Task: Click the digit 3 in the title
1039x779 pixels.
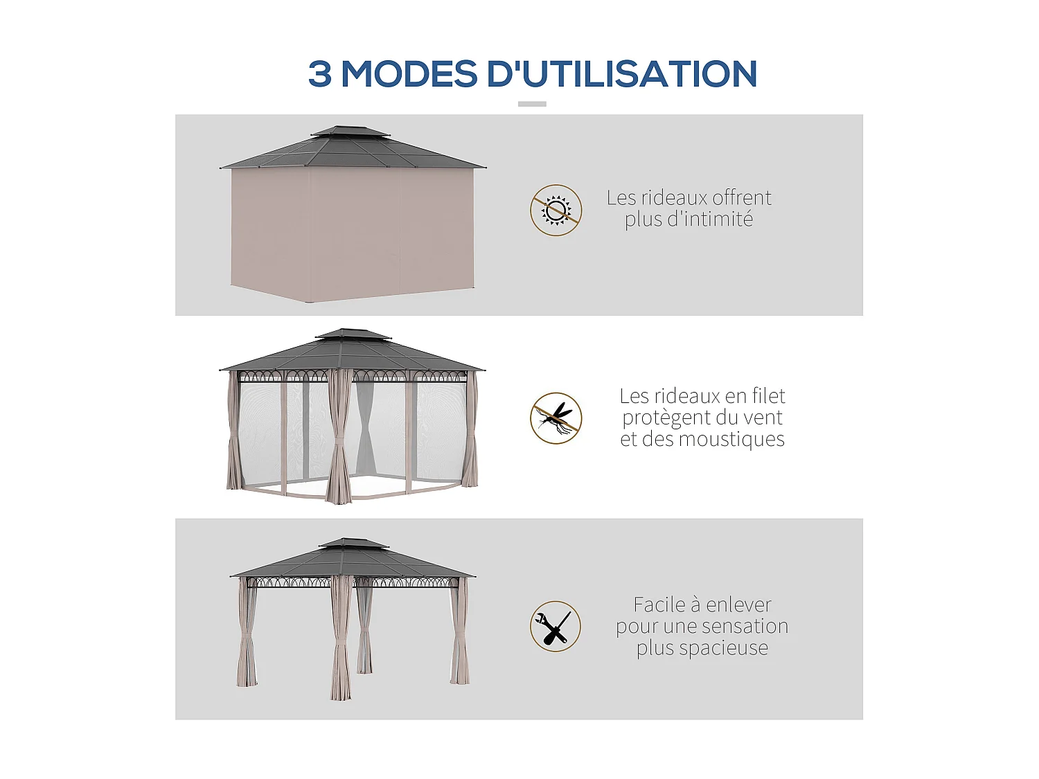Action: pyautogui.click(x=319, y=74)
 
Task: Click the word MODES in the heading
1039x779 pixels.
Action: pyautogui.click(x=409, y=74)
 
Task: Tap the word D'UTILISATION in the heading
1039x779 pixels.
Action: pyautogui.click(x=621, y=74)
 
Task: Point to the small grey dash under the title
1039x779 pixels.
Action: pyautogui.click(x=532, y=104)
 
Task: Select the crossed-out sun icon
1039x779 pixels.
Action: pyautogui.click(x=556, y=210)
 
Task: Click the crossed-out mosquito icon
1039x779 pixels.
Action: pyautogui.click(x=556, y=418)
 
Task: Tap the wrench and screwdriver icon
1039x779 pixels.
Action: pyautogui.click(x=556, y=626)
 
